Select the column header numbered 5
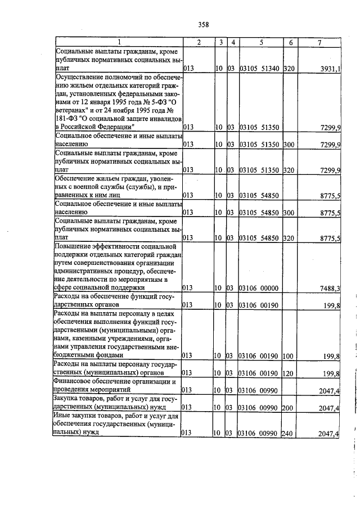click(261, 43)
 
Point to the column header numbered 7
click(319, 43)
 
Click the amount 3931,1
click(329, 69)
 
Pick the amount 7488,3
click(329, 289)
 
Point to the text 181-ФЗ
click(68, 119)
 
